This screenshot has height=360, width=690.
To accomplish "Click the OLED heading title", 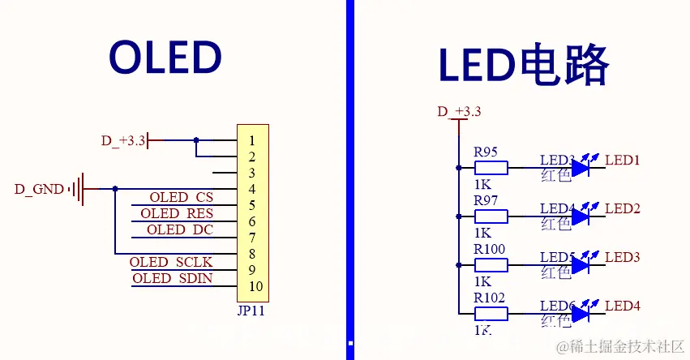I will [x=165, y=58].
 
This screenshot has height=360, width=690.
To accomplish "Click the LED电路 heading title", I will [x=523, y=65].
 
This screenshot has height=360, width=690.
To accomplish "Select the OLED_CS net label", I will [x=181, y=197].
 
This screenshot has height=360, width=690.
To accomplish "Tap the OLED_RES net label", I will [x=177, y=213].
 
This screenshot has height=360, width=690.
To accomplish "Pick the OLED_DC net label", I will [x=180, y=229].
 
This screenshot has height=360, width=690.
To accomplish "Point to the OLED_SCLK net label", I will [x=171, y=262].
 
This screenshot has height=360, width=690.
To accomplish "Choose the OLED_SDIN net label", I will [x=172, y=278].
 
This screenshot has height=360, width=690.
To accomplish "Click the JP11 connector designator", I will [x=251, y=310].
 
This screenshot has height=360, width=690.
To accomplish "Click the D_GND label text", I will [x=39, y=189].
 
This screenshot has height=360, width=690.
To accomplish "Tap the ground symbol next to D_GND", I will [x=77, y=189].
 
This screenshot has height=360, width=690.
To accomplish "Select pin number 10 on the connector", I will [x=256, y=286].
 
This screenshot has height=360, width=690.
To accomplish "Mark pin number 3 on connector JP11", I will [x=253, y=173].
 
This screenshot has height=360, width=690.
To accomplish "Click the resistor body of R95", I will [x=491, y=168].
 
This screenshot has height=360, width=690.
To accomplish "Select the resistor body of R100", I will [x=491, y=265].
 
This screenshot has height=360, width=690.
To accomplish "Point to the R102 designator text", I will [x=489, y=298].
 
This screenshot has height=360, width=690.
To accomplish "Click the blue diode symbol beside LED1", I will [x=581, y=168].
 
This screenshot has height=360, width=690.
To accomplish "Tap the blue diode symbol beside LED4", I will [x=581, y=313].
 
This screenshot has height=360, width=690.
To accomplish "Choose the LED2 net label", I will [x=623, y=208].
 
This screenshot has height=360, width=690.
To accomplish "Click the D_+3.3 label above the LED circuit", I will [x=459, y=112].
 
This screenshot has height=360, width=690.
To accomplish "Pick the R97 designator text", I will [x=486, y=200].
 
